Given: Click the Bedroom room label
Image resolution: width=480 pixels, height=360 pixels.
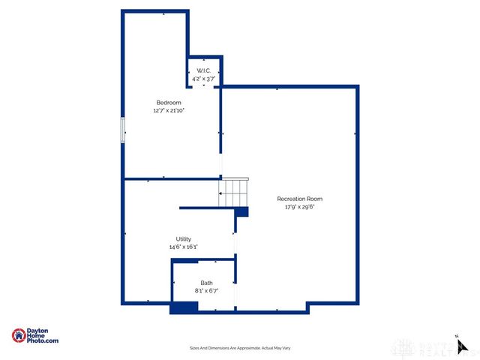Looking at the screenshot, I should (169, 103).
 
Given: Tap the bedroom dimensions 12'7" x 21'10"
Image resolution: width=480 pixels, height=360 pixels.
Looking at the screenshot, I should (169, 110).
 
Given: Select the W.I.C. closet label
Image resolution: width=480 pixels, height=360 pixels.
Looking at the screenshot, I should (204, 71).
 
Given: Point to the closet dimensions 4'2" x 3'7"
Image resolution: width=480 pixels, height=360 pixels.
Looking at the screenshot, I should (204, 78).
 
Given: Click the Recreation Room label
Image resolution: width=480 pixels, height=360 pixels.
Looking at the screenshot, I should (299, 199).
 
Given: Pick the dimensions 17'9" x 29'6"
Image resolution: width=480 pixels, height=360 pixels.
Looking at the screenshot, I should (299, 207).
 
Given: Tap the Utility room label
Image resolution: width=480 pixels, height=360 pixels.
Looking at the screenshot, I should (184, 239).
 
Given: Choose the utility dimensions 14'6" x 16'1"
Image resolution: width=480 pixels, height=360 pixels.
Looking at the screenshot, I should (184, 247).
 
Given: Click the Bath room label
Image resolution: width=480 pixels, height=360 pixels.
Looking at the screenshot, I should (205, 283).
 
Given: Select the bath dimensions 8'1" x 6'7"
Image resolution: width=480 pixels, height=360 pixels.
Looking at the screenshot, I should (205, 290).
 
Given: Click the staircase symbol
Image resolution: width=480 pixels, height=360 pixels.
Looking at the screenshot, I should (232, 193).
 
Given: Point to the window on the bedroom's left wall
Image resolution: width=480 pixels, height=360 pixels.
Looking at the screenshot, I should (123, 130).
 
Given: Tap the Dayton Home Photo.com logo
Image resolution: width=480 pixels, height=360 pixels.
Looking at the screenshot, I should (35, 337).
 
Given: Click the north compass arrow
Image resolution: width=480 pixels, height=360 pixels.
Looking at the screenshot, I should (463, 346).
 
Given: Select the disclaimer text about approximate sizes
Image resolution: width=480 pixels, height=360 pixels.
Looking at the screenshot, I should (239, 348).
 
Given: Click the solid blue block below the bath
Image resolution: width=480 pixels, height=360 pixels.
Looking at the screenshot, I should (184, 307).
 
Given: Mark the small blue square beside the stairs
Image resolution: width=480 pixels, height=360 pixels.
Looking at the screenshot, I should (241, 213).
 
